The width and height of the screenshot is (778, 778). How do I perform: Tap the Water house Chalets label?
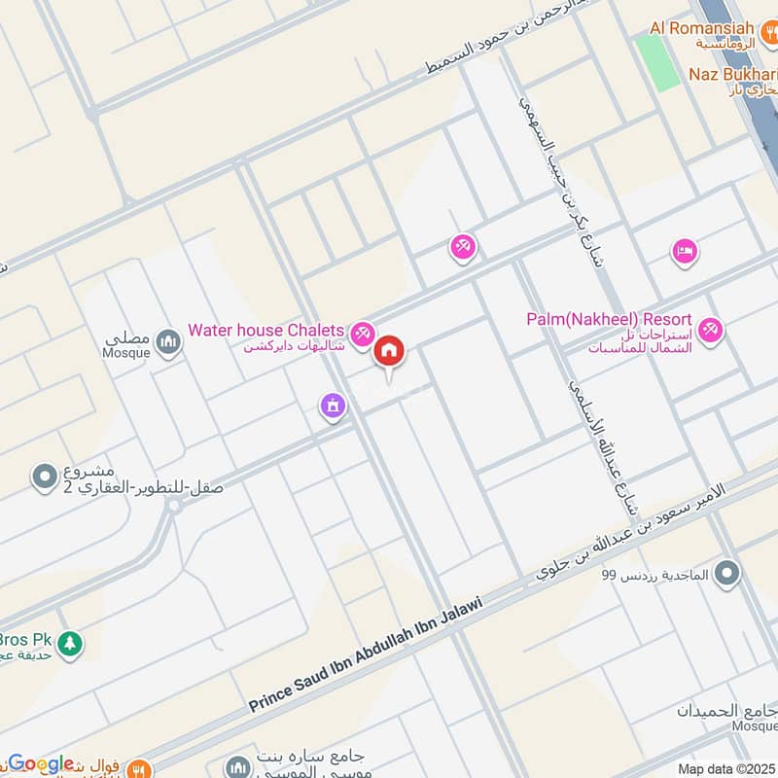pos(265,331)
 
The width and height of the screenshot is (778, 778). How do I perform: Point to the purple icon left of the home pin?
pos(333,406)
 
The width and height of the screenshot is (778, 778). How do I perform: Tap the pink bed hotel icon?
pos(684,253)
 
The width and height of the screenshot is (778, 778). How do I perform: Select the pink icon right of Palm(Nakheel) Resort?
pos(712,331)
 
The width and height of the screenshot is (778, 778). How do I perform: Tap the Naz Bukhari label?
pos(732,74)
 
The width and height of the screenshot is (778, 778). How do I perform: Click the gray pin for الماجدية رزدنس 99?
pos(725,575)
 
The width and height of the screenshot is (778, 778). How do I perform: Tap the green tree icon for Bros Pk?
pos(69,643)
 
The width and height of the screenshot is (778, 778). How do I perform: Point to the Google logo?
pos(41,763)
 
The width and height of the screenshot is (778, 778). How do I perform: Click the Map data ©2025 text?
pos(725,768)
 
